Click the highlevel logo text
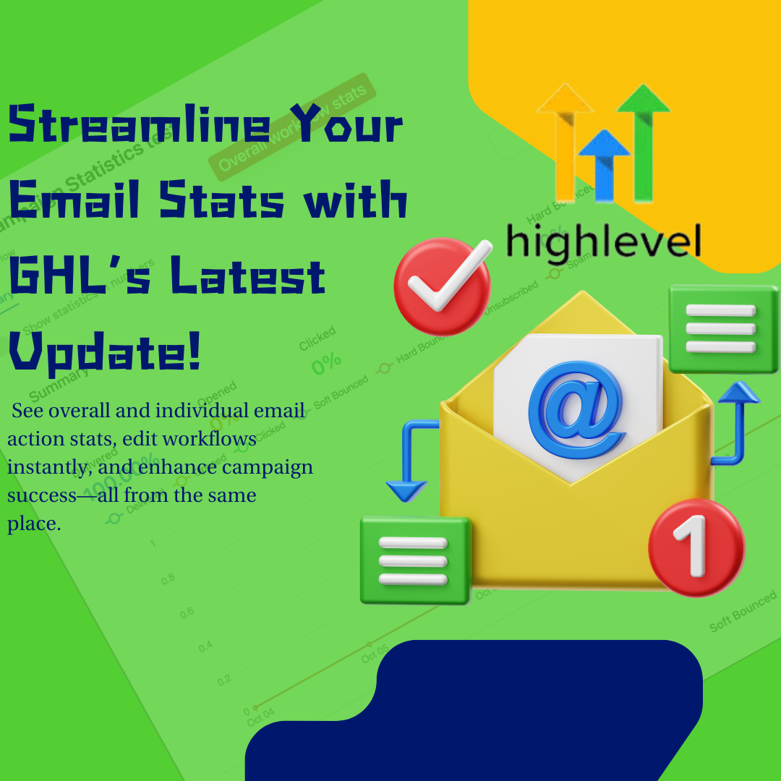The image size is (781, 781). [x=603, y=240]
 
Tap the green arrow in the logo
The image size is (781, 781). [x=643, y=137]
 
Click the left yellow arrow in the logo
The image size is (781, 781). [x=564, y=137]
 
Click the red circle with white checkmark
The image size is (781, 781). [x=442, y=287]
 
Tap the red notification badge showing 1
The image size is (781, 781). [x=696, y=547]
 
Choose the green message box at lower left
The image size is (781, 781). [x=415, y=560]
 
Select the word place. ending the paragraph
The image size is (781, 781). [x=34, y=524]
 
